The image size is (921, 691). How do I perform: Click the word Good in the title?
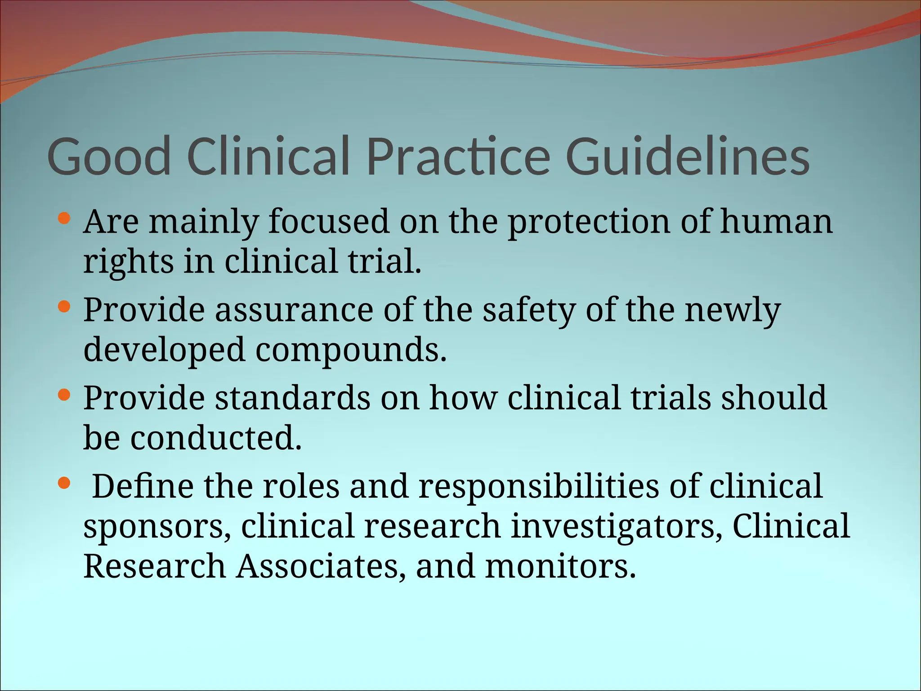(109, 157)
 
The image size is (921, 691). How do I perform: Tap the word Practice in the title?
(458, 157)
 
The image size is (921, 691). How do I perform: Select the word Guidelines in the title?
(688, 157)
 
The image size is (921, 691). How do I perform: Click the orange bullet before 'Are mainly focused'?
(65, 219)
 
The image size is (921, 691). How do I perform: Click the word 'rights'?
(128, 262)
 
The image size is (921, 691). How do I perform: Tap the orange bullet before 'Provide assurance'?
(65, 307)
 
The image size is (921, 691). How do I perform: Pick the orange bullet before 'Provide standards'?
(65, 395)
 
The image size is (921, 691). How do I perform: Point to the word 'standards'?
(292, 398)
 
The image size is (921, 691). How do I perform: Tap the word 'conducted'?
(216, 438)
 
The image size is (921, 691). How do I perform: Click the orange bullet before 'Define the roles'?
(65, 484)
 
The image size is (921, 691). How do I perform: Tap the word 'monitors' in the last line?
(560, 566)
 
